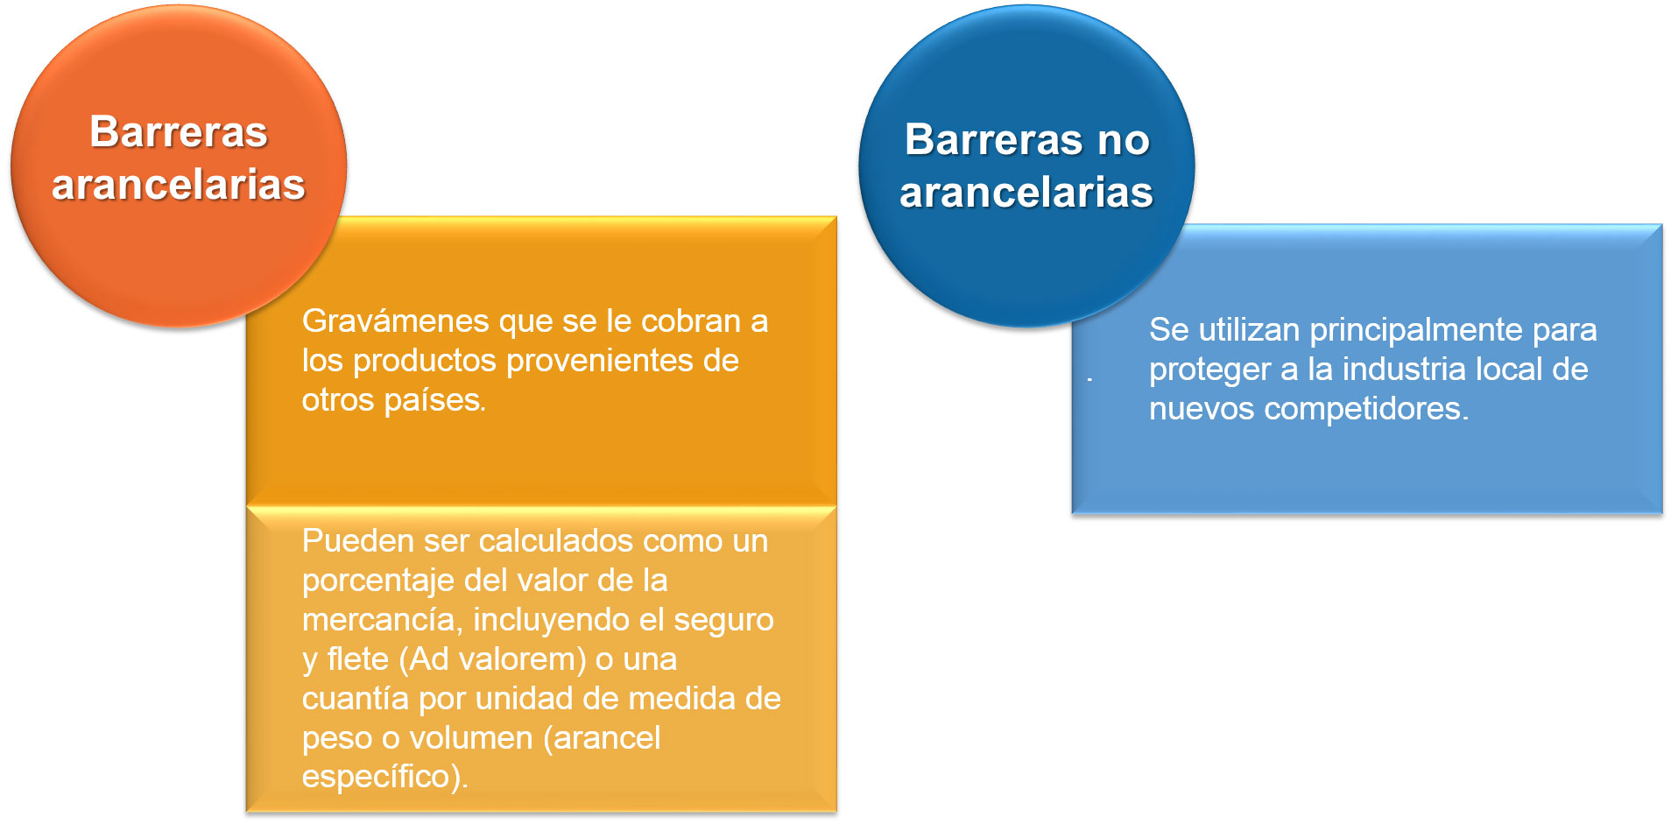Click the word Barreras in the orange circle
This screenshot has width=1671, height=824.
179,132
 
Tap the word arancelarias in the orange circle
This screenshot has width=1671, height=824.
179,185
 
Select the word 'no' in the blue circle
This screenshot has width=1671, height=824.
1124,140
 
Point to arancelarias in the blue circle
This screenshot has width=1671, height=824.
1026,192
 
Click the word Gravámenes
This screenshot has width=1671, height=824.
396,321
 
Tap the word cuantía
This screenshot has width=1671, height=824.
356,699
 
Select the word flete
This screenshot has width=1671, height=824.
357,659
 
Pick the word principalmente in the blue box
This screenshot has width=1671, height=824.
1416,330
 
